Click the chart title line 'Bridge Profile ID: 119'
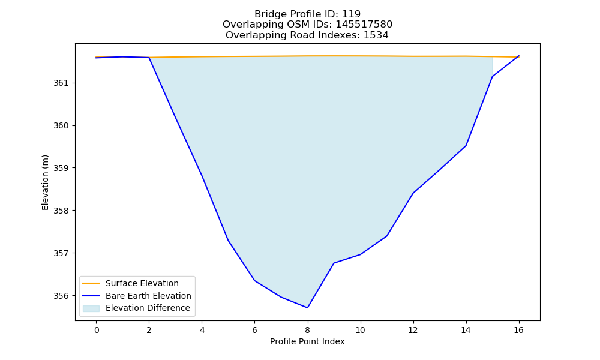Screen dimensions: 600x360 pos(307,14)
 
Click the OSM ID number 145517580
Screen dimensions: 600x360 pos(364,25)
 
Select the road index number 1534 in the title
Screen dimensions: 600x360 pos(376,35)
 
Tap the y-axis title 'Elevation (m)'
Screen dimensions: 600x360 pos(46,182)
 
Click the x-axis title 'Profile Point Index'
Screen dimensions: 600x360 pos(307,341)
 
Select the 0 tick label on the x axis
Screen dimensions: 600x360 pos(97,330)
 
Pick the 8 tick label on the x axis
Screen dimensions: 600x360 pos(307,330)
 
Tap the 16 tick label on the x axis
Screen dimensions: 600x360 pos(518,330)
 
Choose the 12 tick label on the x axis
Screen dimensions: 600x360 pos(413,330)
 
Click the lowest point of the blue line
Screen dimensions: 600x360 pos(307,308)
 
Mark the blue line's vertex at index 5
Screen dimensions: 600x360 pos(228,240)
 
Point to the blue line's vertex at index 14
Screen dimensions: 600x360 pos(466,146)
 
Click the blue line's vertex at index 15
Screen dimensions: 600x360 pos(492,77)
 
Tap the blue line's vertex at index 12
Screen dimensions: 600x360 pos(413,193)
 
